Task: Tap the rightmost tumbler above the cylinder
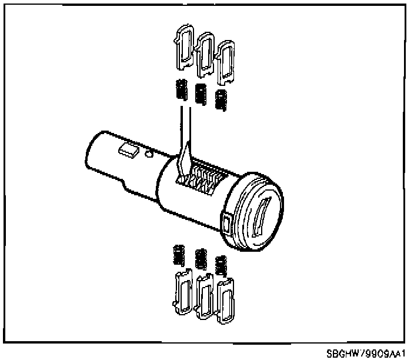[x=225, y=62]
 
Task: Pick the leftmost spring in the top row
[x=181, y=89]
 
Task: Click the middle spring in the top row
[x=201, y=94]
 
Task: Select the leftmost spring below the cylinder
[x=179, y=255]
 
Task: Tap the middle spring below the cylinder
[x=201, y=259]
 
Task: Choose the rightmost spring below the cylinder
[x=221, y=266]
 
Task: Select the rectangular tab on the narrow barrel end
[x=127, y=150]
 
